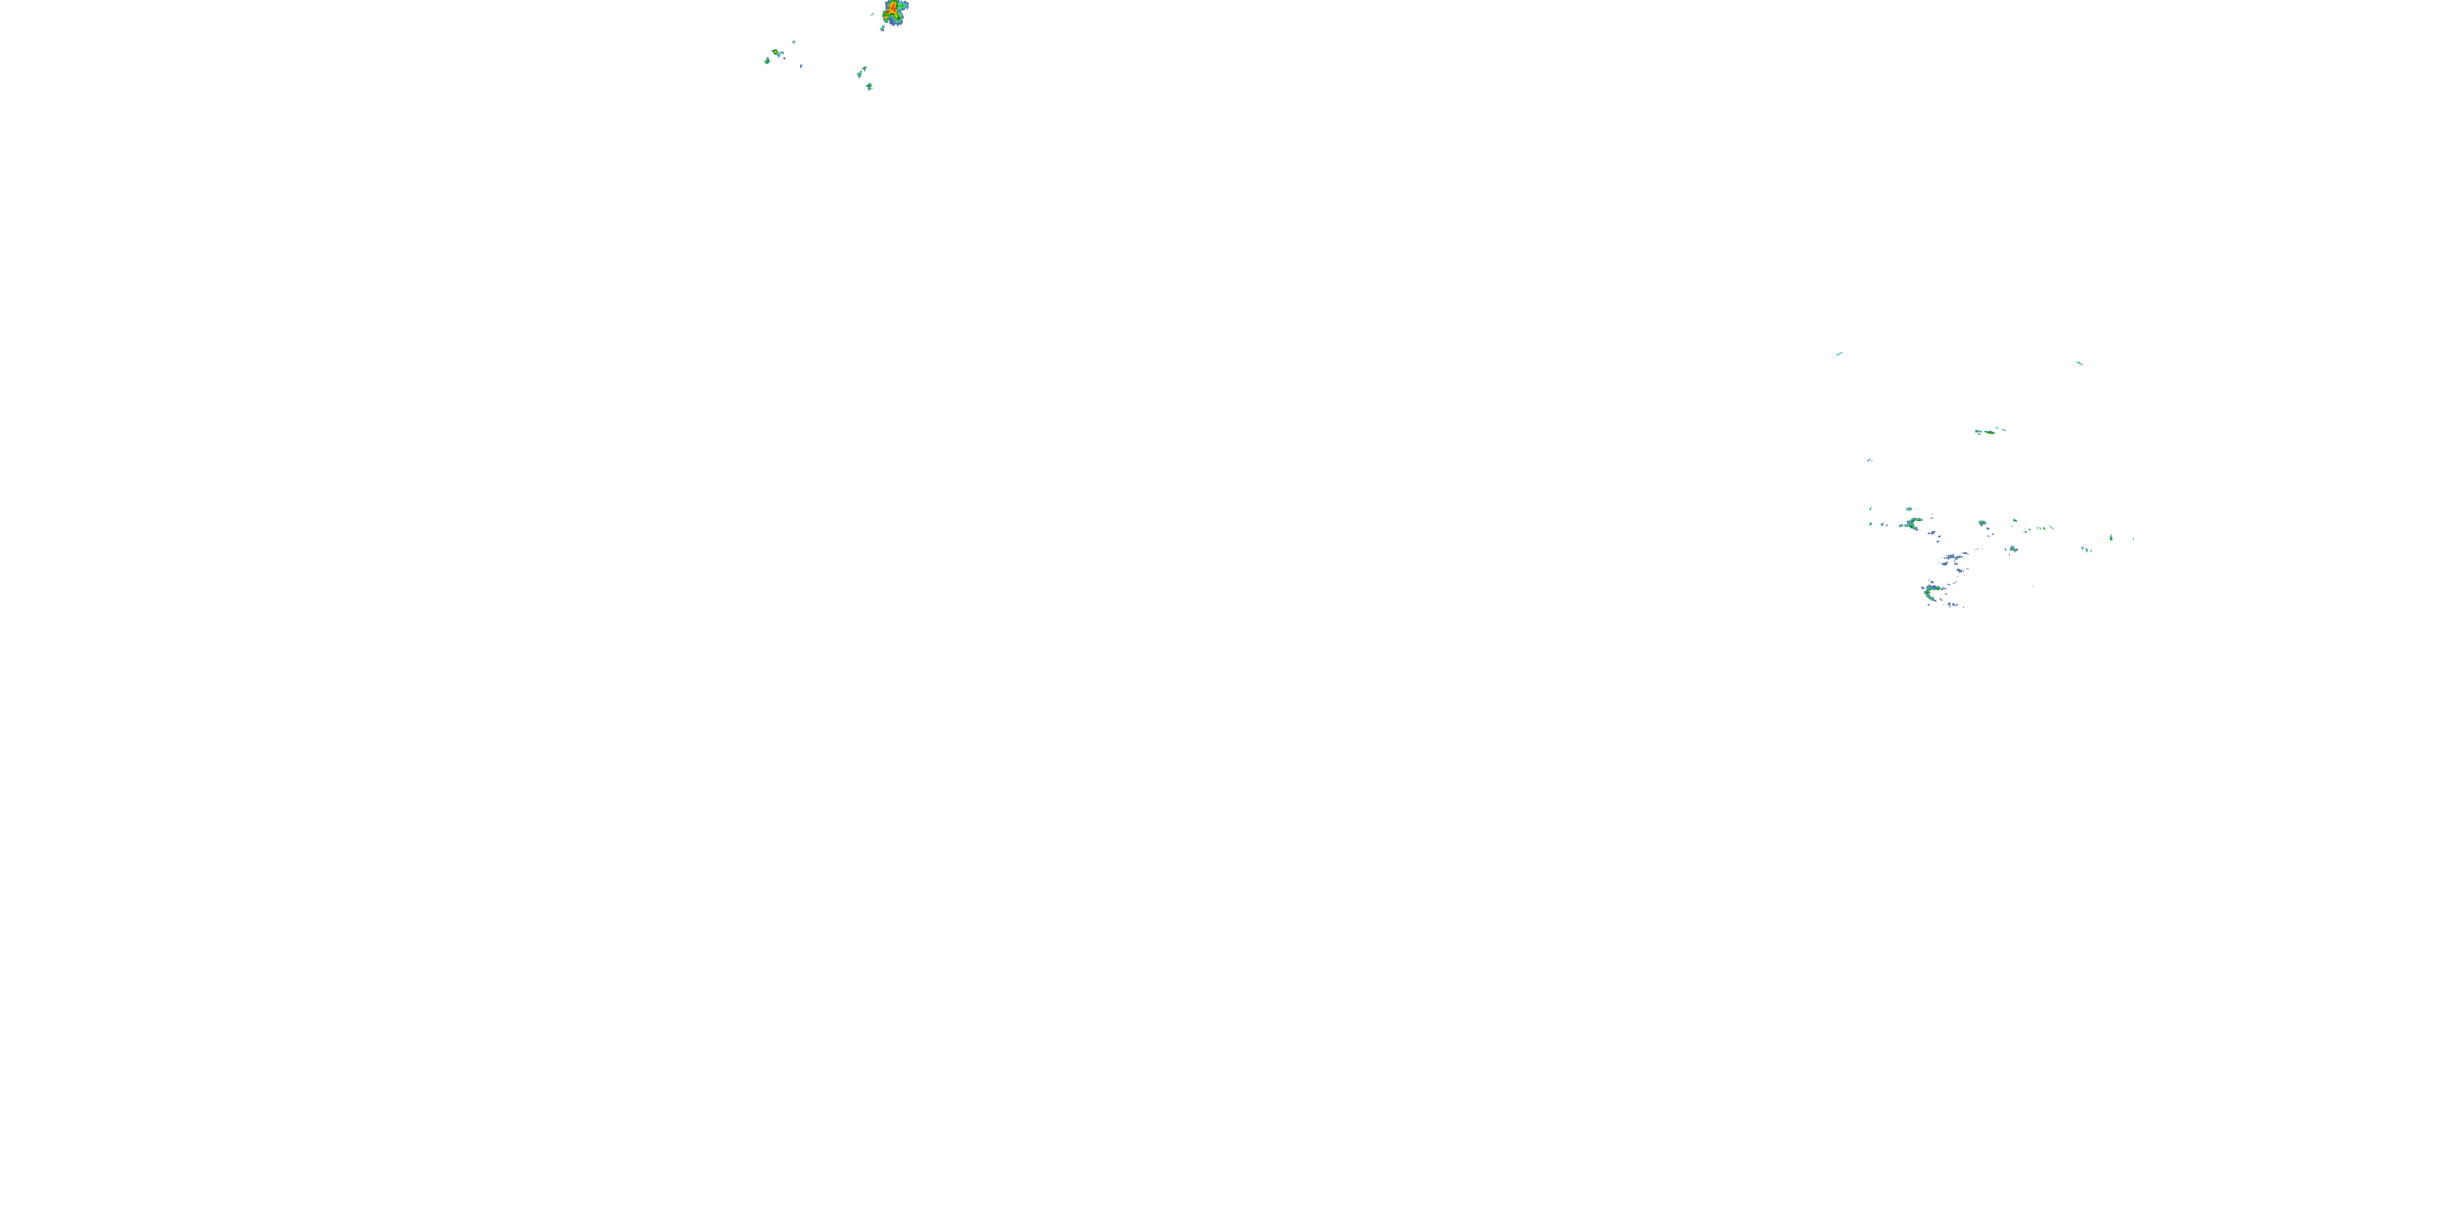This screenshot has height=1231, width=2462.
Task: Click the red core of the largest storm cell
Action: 893,7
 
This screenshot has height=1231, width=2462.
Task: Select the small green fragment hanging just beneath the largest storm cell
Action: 882,29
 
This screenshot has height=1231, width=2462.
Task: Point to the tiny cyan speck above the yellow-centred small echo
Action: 794,42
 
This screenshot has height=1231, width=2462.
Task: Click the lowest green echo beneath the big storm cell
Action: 869,87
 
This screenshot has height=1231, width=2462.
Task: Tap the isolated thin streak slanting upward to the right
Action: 1839,354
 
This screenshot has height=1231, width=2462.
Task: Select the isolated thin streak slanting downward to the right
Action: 2080,364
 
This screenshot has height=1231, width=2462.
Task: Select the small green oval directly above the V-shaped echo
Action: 1909,510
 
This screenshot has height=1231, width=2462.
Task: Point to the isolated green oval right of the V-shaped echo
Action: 1981,523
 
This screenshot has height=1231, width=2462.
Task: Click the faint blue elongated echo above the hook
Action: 1952,557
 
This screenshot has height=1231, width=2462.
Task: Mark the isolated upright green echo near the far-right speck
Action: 2110,538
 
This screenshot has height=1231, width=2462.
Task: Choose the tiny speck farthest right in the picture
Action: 2133,538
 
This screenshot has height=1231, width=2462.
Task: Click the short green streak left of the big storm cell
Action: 872,14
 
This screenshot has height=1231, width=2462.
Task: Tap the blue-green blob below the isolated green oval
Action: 2013,550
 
